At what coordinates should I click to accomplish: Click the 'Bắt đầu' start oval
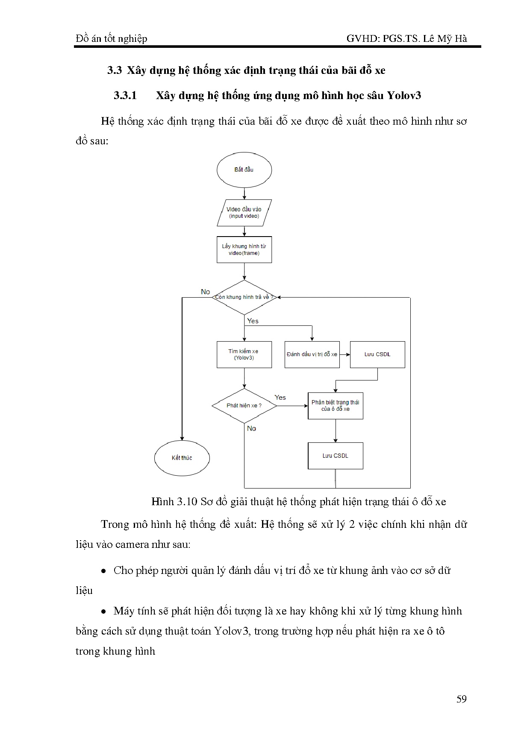(244, 170)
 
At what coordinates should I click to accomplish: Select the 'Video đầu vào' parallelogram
(244, 213)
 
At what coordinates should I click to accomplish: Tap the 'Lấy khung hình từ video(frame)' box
(244, 250)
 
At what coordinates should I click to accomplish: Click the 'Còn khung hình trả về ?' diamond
(244, 297)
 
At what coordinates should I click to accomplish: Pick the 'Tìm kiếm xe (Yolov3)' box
(244, 354)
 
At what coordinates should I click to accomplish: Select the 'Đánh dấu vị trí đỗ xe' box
(312, 354)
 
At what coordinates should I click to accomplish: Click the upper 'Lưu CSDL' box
(377, 354)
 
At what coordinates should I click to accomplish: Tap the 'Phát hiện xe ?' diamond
(244, 406)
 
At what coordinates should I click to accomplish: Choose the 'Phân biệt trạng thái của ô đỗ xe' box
(336, 406)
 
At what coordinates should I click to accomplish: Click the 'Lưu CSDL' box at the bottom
(336, 456)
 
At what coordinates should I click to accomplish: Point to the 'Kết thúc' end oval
(182, 458)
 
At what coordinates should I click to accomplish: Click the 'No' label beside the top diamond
(206, 292)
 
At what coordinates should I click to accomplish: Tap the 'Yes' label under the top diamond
(253, 321)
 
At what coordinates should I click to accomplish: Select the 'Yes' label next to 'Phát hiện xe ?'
(280, 398)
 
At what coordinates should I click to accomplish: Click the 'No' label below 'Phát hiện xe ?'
(251, 428)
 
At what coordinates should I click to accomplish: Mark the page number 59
(462, 699)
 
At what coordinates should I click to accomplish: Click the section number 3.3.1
(125, 95)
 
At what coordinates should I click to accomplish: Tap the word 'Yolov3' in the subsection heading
(404, 95)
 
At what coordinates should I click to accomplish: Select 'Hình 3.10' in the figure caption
(174, 501)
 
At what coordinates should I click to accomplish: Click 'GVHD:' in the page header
(363, 39)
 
